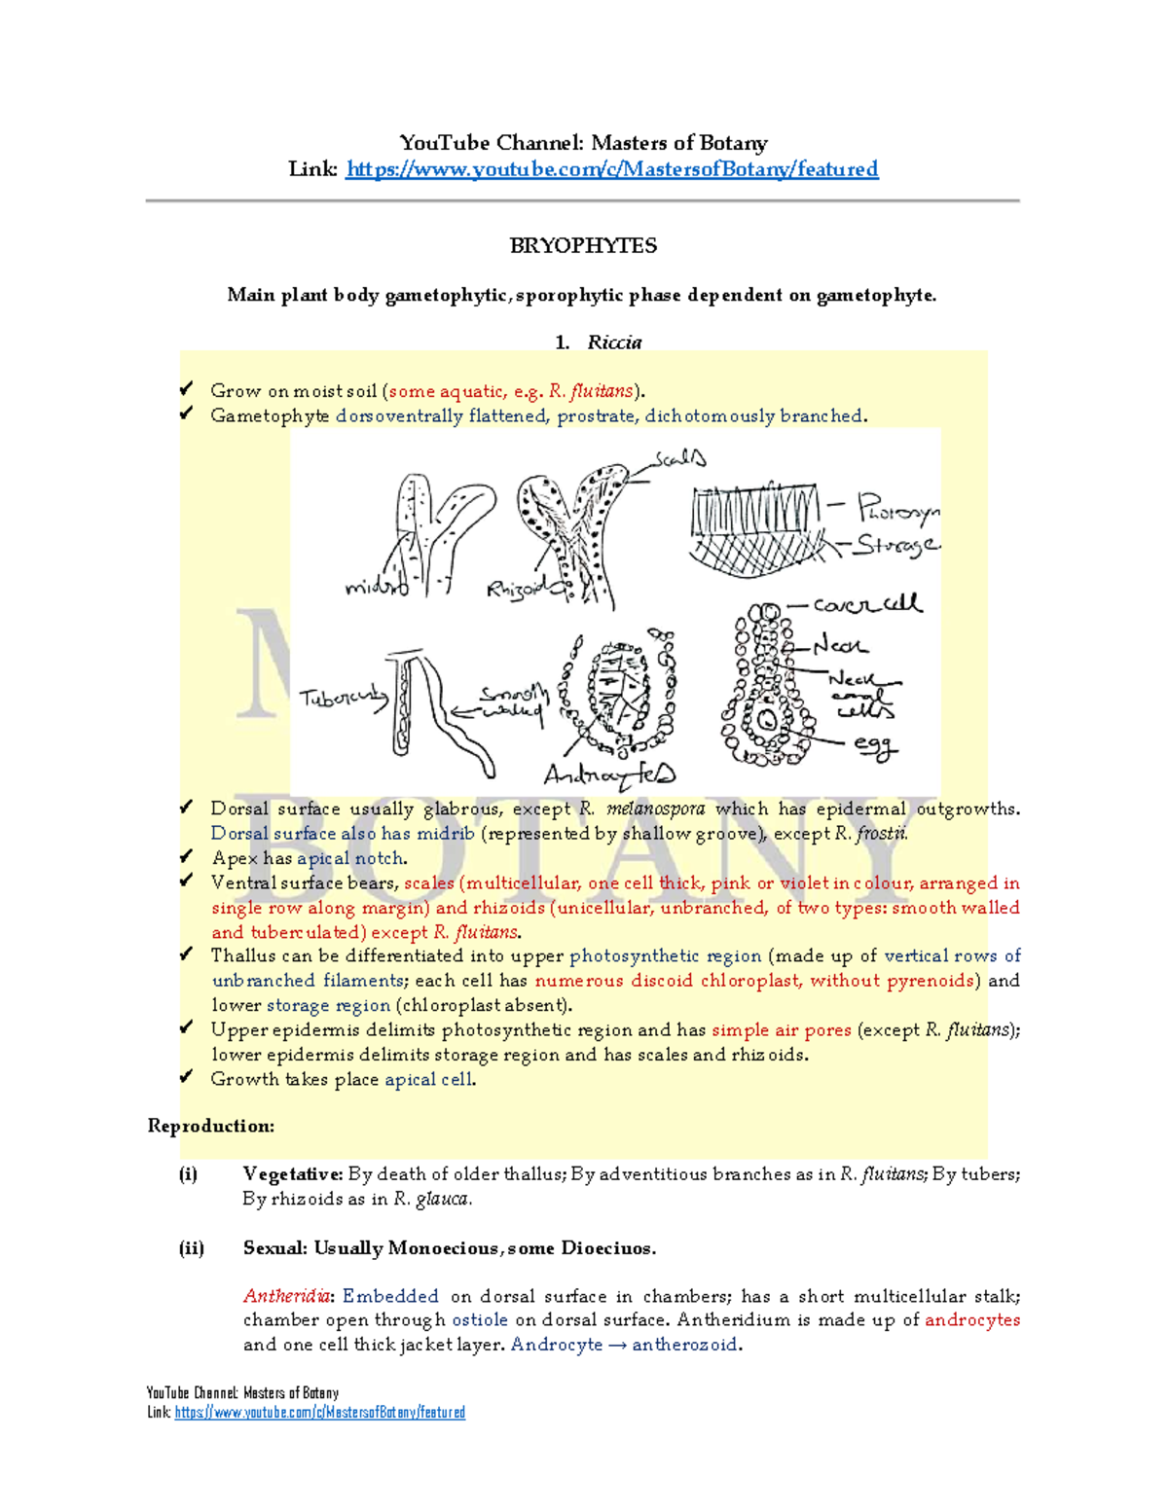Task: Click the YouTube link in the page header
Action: pyautogui.click(x=611, y=169)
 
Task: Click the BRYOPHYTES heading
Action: pyautogui.click(x=583, y=245)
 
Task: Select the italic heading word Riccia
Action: pyautogui.click(x=614, y=342)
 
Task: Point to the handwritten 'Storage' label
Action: pyautogui.click(x=895, y=545)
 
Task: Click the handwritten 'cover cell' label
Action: pyautogui.click(x=866, y=604)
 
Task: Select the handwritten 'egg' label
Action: pyautogui.click(x=874, y=745)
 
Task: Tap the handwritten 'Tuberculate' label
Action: pyautogui.click(x=343, y=698)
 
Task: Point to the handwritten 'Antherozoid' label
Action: pyautogui.click(x=608, y=774)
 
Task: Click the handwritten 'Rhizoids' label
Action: pyautogui.click(x=516, y=590)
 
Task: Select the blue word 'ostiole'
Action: pyautogui.click(x=480, y=1320)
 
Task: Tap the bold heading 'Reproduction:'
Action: pyautogui.click(x=210, y=1126)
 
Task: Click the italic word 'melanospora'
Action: pyautogui.click(x=655, y=809)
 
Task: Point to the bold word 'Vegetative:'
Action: pyautogui.click(x=292, y=1174)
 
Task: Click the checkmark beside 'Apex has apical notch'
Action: pyautogui.click(x=186, y=856)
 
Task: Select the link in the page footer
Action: pyautogui.click(x=319, y=1412)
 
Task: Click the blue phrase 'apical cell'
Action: pyautogui.click(x=428, y=1079)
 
